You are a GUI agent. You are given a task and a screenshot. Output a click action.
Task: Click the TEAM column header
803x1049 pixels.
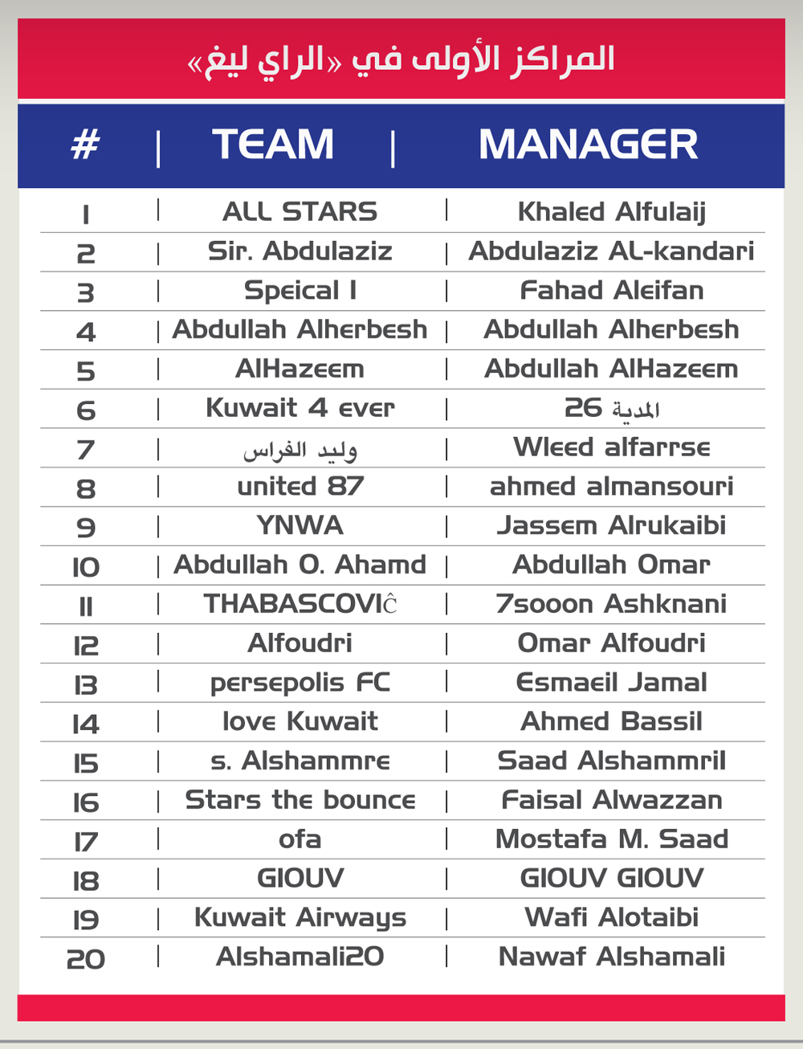pos(273,145)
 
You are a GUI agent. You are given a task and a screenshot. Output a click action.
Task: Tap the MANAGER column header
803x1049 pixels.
pos(588,145)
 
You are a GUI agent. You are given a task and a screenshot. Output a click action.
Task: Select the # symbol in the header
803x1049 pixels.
pos(85,145)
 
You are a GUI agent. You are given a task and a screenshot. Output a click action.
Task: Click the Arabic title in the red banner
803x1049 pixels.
pos(401,59)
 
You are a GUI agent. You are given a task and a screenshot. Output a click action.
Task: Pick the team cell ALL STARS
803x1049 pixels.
pos(300,212)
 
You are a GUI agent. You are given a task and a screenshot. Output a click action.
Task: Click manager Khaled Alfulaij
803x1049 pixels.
pos(611,212)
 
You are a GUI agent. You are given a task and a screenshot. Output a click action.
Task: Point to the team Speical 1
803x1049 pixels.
pos(300,291)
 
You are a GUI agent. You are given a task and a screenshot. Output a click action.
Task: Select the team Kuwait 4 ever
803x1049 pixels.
pos(300,408)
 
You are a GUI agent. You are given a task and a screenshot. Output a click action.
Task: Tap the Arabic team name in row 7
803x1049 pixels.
pos(300,450)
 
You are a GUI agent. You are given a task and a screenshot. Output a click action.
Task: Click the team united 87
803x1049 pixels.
pos(300,487)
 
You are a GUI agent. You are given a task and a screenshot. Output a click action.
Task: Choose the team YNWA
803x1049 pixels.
pos(300,526)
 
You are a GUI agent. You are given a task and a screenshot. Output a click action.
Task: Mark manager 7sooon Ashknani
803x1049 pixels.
pos(611,604)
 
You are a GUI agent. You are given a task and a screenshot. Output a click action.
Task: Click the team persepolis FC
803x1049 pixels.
pos(300,683)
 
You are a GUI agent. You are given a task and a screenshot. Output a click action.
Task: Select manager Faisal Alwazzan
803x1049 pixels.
pos(611,800)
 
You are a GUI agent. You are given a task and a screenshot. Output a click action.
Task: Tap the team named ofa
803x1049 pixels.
pos(300,839)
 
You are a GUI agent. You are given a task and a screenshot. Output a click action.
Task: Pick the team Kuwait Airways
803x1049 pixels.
pos(300,918)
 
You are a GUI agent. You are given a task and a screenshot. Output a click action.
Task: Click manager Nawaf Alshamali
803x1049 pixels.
pos(611,957)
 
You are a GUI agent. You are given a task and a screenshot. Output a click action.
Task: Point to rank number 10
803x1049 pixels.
pos(85,568)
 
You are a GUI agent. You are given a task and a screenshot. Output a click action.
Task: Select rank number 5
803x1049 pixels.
pos(85,371)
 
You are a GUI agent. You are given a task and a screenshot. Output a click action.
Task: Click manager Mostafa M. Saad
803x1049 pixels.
pos(611,839)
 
